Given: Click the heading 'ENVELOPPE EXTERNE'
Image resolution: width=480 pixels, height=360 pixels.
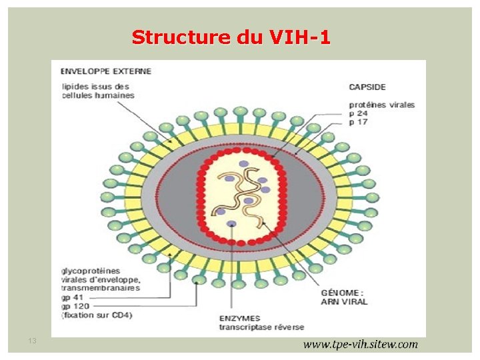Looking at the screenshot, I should (106, 71).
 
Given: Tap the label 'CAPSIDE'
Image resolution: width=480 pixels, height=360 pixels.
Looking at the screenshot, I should (367, 87).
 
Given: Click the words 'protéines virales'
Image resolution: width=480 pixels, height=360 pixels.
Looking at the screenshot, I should (382, 105).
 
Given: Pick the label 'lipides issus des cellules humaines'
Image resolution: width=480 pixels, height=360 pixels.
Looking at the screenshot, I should (97, 91).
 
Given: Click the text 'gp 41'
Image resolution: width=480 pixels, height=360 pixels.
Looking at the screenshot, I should (73, 297).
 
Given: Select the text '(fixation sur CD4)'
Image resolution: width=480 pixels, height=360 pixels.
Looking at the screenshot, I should (97, 315).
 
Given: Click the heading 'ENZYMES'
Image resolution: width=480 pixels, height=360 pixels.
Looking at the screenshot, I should (239, 318).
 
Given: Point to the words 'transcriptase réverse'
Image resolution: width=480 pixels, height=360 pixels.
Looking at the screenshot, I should (261, 327).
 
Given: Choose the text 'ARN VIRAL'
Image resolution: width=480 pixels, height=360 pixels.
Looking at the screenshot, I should (343, 301).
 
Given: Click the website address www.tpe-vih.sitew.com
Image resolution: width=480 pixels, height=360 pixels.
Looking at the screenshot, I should (360, 344).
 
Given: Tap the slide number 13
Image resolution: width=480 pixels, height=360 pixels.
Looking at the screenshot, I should (31, 341).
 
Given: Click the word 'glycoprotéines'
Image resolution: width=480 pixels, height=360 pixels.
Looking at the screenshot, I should (91, 271).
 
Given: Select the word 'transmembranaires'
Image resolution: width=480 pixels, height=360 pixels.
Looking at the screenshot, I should (100, 288).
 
